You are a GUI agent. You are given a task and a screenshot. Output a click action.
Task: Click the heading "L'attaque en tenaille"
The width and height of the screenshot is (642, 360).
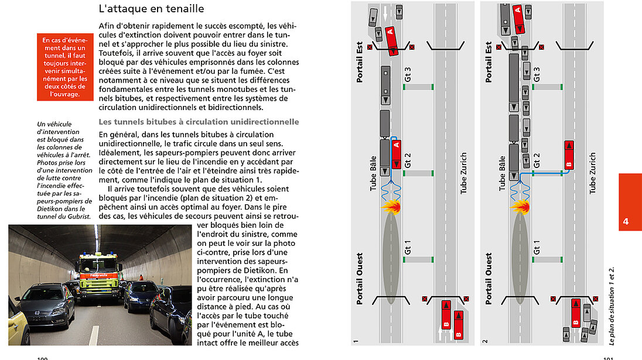click(151, 9)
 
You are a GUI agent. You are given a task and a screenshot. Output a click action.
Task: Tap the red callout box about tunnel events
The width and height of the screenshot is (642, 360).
click(64, 67)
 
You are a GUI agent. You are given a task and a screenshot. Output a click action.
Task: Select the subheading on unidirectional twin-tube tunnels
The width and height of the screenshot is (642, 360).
click(199, 122)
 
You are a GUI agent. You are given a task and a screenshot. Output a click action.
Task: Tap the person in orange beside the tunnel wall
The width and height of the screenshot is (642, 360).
click(141, 276)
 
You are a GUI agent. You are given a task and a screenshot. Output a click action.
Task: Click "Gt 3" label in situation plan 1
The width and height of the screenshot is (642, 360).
click(408, 74)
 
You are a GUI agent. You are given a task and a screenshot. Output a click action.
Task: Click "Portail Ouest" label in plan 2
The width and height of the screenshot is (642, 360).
click(490, 279)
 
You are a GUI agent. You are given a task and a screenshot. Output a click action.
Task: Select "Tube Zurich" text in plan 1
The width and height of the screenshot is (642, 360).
click(463, 173)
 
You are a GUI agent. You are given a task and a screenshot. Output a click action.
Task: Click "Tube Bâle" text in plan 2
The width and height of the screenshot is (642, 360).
click(502, 173)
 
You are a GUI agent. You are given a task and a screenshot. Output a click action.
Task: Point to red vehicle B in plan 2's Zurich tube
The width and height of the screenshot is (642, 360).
click(568, 155)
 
